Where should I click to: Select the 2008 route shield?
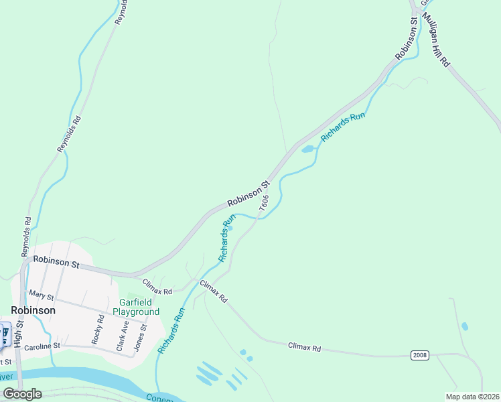click(x=420, y=354)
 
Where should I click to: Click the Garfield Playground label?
click(x=136, y=307)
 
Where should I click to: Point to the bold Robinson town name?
click(x=33, y=311)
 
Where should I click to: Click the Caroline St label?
click(x=42, y=346)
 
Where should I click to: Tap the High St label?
click(x=20, y=332)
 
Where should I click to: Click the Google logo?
click(x=22, y=393)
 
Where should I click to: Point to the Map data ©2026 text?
click(x=472, y=397)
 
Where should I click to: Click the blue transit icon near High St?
click(x=4, y=334)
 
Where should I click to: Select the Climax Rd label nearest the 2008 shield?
click(x=305, y=348)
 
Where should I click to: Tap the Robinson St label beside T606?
click(x=248, y=194)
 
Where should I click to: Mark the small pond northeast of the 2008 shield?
click(x=465, y=326)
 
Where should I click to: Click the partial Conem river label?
click(x=163, y=398)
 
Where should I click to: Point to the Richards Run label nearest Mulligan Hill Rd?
click(x=343, y=127)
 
